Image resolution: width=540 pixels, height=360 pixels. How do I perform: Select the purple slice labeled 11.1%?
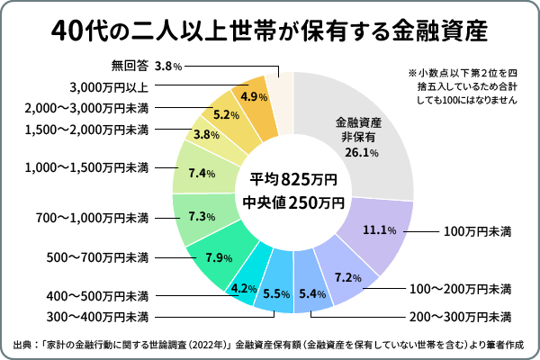[380, 229]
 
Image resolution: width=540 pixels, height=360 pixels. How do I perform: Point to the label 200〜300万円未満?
[460, 316]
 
